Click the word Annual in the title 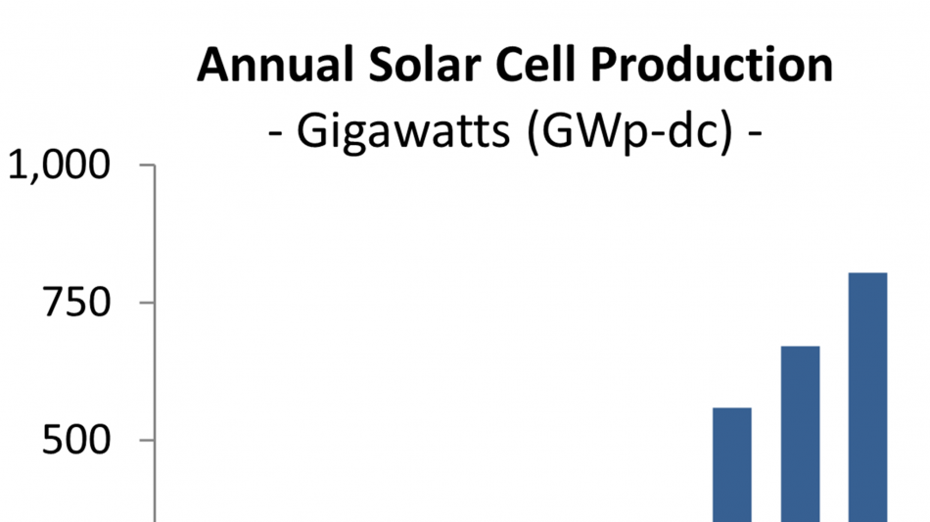275,65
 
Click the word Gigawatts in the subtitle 402,131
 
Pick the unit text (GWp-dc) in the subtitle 629,131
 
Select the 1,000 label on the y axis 59,165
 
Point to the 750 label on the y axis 76,303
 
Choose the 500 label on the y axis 76,440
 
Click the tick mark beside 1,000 147,165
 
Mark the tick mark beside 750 147,302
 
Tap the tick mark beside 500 147,440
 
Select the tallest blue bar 867,398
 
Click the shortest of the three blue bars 732,465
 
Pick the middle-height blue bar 800,434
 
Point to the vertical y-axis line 155,343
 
